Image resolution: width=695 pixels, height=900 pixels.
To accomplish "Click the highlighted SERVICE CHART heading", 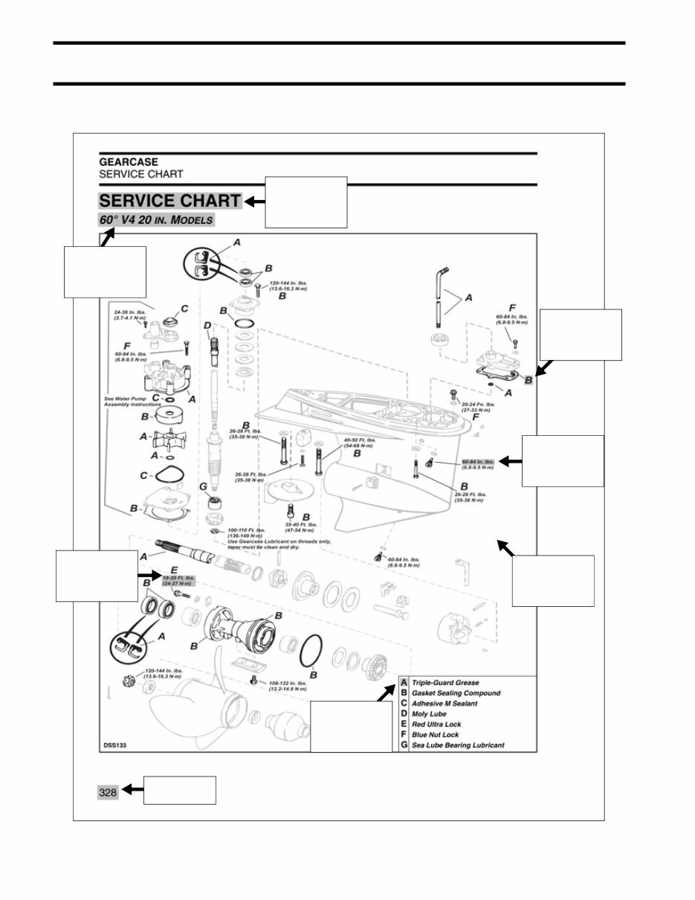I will coord(169,201).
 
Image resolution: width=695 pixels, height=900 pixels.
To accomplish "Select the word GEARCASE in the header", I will coord(129,161).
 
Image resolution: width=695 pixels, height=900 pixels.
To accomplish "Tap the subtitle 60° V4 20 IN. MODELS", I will coord(156,220).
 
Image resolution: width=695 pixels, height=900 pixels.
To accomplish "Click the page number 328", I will coord(108,793).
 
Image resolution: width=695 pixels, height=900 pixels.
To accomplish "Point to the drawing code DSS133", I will coord(114,745).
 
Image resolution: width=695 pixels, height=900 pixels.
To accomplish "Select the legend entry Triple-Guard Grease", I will coord(445,682).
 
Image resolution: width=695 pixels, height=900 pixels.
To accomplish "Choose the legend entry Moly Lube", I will coord(429,713).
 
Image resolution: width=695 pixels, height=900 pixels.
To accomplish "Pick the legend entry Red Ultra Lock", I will coord(436,724).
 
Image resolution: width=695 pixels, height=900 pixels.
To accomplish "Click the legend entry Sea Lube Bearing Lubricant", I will coord(457,745).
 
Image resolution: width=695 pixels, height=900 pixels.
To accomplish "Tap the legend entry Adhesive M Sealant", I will coord(445,703).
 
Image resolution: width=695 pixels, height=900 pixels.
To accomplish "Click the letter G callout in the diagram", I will coord(204,486).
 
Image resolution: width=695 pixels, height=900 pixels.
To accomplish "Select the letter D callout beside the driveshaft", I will coord(208,324).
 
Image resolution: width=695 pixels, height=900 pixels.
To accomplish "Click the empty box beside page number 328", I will coord(179,790).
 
